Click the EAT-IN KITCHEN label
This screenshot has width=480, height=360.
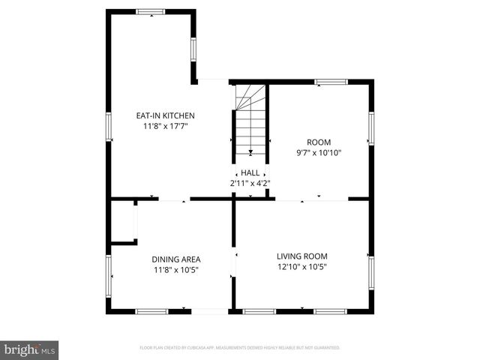tap(165, 115)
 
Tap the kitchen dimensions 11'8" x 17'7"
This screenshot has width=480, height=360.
tap(165, 127)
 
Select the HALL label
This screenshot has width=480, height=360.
tap(250, 172)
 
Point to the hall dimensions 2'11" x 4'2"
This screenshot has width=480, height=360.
tap(250, 183)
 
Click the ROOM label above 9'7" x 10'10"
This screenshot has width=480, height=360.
tap(319, 142)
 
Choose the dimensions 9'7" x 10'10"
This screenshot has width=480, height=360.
tap(319, 153)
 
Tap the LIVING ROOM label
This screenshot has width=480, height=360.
tap(301, 256)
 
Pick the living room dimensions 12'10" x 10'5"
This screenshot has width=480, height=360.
tap(301, 267)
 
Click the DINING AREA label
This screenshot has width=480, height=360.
tap(176, 259)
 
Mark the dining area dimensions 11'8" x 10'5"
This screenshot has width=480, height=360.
tap(176, 270)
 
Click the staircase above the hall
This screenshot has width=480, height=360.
tap(250, 120)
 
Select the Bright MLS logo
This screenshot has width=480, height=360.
tap(30, 349)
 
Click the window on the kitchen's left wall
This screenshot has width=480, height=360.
tap(109, 125)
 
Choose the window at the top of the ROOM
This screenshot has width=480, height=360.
tap(325, 81)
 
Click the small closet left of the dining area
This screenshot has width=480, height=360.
tap(122, 221)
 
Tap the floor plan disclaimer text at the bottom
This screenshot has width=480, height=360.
tap(240, 348)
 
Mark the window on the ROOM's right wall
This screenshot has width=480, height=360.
tap(370, 128)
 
